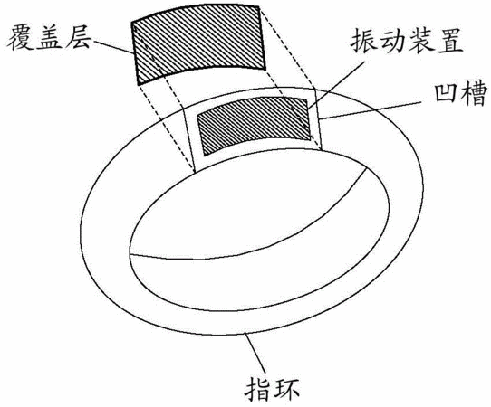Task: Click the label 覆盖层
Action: [49, 38]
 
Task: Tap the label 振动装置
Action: [407, 41]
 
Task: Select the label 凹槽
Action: [460, 94]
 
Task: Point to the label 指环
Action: [273, 389]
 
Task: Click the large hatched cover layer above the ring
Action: [198, 44]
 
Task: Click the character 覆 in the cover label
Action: [20, 38]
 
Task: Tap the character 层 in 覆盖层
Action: [77, 38]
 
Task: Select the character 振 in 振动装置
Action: [364, 41]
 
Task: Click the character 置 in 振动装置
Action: [449, 41]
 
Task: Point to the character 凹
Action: [447, 94]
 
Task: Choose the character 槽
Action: [474, 94]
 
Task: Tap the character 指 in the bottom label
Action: [258, 389]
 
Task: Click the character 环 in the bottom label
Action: [286, 389]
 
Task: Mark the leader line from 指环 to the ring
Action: [255, 353]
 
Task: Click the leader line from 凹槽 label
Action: [371, 110]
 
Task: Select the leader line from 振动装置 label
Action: [336, 85]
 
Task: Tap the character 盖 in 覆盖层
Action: [49, 38]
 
